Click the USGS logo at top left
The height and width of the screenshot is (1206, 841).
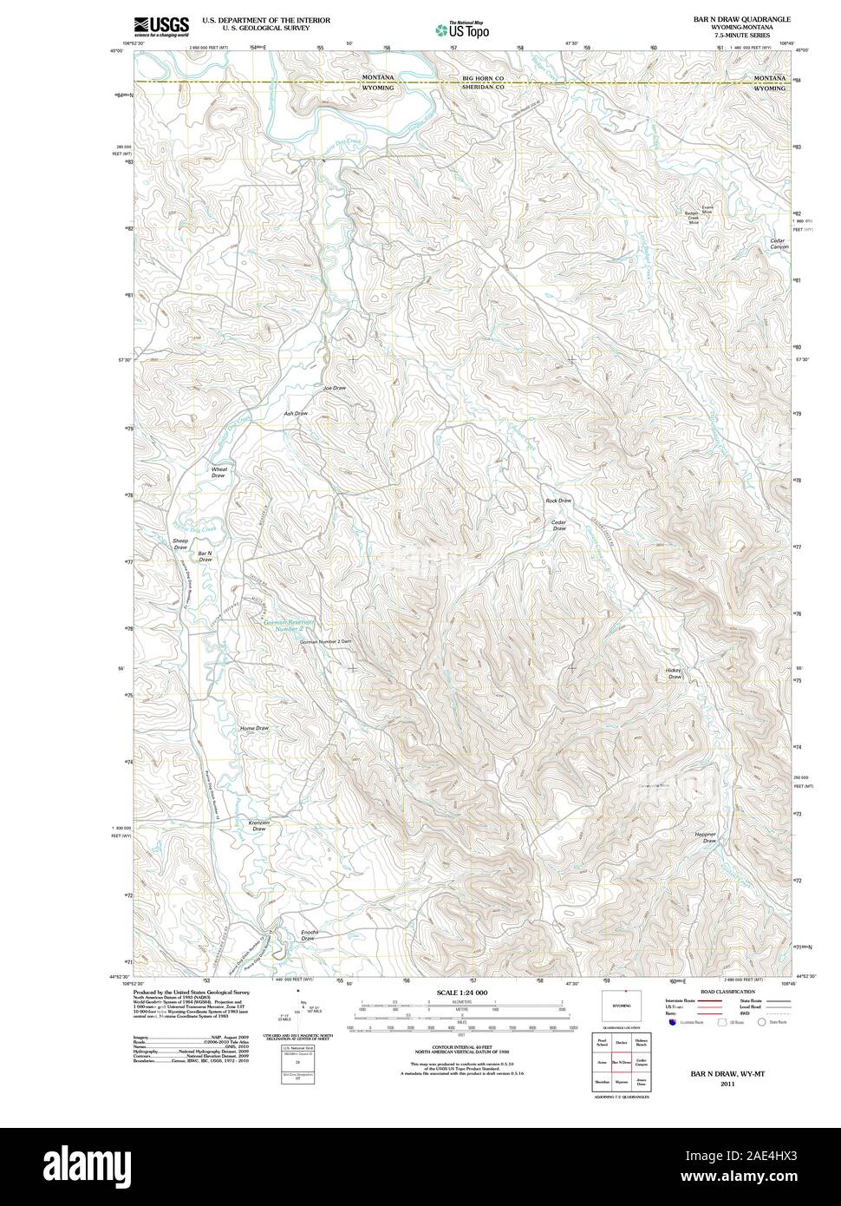[x=161, y=26]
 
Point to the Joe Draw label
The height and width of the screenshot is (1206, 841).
[x=334, y=387]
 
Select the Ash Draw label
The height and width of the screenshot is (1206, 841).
[x=296, y=413]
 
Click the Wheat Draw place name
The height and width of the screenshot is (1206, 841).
[x=218, y=472]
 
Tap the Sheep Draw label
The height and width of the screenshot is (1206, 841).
[x=180, y=544]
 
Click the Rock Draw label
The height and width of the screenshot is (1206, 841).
[x=558, y=501]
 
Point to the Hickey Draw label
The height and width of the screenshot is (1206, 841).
[x=675, y=672]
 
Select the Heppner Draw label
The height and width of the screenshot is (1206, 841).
[x=706, y=837]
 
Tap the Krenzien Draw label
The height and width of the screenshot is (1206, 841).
[x=258, y=825]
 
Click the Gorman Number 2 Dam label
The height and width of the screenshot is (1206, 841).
[x=325, y=641]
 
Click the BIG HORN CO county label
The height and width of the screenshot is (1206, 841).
[x=483, y=79]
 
